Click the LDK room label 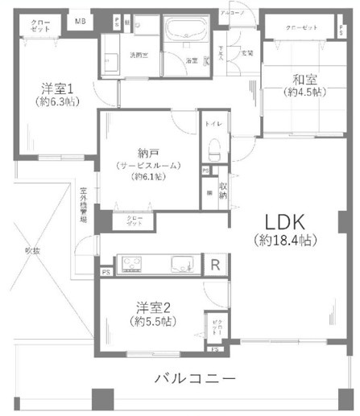click(280, 222)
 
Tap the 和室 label click(286, 79)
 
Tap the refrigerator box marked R click(215, 265)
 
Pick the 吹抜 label click(31, 251)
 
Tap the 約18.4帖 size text click(280, 240)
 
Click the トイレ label click(213, 125)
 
